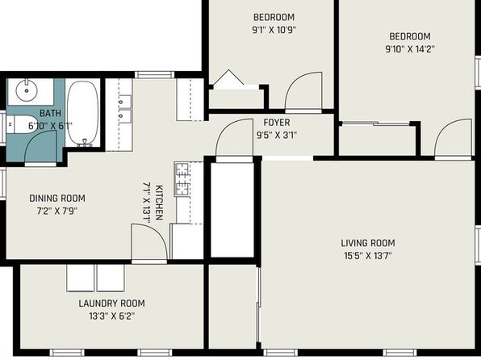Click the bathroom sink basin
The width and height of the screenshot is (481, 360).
27,90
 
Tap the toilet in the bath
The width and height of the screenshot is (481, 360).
21,124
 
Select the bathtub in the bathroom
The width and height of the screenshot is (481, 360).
83,113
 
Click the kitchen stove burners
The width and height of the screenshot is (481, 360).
182,179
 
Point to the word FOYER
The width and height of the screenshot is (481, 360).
277,123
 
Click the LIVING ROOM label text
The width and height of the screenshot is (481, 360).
368,243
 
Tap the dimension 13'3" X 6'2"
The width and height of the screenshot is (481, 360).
112,316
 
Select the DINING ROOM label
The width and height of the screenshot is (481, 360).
57,199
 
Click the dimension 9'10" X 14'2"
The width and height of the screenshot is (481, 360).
410,49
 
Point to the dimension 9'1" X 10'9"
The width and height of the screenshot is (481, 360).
274,30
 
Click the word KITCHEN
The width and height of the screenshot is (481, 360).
159,203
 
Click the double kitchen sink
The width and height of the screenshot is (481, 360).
125,109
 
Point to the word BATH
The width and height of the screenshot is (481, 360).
51,113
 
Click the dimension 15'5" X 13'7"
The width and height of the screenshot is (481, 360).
368,256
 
